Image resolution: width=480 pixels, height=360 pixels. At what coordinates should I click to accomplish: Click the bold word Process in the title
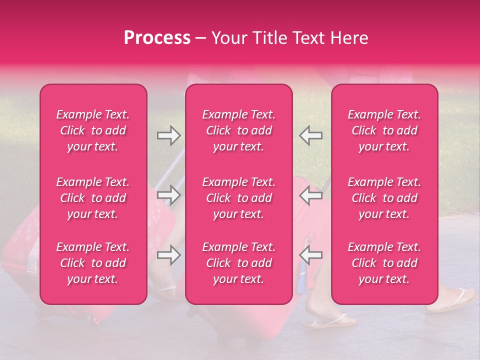157,38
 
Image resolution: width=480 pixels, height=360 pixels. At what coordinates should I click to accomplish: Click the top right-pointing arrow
168,135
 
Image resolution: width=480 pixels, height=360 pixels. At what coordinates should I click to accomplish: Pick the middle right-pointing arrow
168,194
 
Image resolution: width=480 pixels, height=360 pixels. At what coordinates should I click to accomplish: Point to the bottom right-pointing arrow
168,255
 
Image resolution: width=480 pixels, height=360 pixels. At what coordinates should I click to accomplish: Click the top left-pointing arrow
310,135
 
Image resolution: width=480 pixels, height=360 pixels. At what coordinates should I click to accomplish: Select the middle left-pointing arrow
310,194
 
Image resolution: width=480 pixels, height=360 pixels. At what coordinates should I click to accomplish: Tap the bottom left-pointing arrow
310,255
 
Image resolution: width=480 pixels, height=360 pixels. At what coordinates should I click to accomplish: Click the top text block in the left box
93,130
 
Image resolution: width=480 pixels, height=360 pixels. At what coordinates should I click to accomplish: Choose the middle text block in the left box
93,198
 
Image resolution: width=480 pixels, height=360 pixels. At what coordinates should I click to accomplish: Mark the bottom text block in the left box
93,263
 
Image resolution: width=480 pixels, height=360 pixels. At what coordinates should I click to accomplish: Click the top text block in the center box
238,130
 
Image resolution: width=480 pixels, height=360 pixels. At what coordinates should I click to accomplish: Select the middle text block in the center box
238,198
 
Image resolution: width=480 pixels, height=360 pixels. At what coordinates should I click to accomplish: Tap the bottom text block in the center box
238,263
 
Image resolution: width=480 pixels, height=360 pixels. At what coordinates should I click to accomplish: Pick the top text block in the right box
384,130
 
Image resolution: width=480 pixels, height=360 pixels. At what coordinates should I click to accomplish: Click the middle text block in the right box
384,198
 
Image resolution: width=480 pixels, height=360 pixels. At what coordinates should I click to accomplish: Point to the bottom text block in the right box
384,263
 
